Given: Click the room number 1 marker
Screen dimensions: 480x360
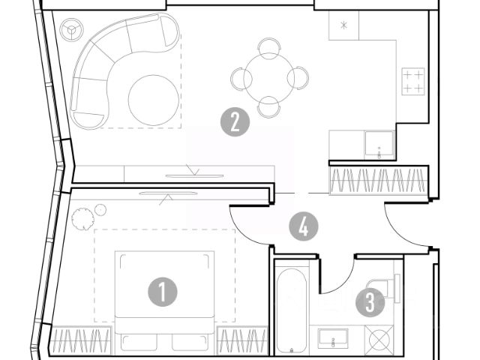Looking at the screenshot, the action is pyautogui.click(x=163, y=291).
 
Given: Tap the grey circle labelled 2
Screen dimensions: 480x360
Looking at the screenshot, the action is pyautogui.click(x=235, y=121).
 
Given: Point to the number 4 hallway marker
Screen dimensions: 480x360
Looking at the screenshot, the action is pyautogui.click(x=303, y=226).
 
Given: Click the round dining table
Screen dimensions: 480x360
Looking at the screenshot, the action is pyautogui.click(x=268, y=76).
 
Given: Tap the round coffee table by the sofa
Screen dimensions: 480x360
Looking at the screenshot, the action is pyautogui.click(x=153, y=100).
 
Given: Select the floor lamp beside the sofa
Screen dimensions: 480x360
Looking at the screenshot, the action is pyautogui.click(x=71, y=31).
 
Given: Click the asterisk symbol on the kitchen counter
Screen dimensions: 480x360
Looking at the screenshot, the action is pyautogui.click(x=343, y=25).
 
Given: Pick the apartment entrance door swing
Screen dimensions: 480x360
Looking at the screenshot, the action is pyautogui.click(x=405, y=229).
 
